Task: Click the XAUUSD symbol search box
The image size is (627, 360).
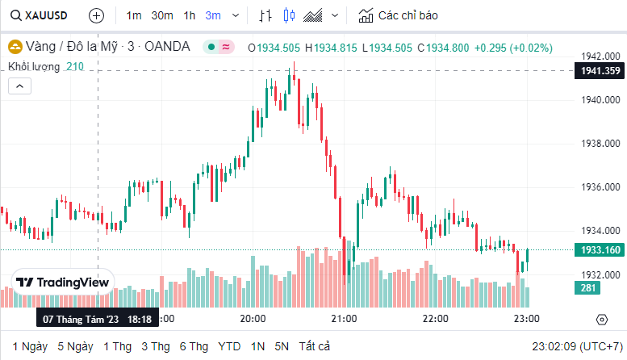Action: (x=40, y=15)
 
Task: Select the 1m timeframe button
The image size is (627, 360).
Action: (x=134, y=15)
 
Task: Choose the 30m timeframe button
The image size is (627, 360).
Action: (x=162, y=15)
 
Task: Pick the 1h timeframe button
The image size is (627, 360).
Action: (x=190, y=15)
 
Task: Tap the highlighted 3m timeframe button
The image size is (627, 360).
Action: (x=213, y=15)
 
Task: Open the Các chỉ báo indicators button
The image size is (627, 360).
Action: (x=399, y=15)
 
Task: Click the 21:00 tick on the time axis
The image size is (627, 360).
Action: (x=345, y=319)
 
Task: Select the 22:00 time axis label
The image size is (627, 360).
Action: (x=436, y=319)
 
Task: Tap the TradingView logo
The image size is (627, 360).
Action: (x=63, y=283)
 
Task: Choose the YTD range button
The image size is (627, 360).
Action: (x=229, y=346)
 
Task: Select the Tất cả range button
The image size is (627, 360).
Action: (x=315, y=346)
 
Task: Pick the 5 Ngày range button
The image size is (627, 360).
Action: (x=75, y=346)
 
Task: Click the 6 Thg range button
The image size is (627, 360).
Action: (x=194, y=346)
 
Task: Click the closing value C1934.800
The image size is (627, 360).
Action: (x=443, y=48)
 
